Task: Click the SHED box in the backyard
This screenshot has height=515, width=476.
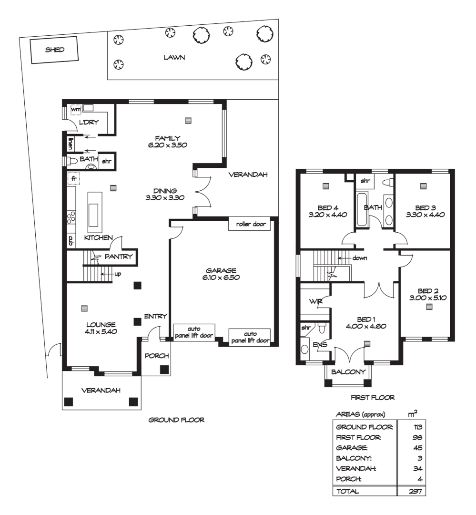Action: pos(54,50)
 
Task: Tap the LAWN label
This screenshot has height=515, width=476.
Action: pos(174,58)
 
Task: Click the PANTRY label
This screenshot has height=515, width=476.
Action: pos(118,257)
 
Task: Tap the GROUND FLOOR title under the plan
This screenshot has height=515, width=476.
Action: pos(177,420)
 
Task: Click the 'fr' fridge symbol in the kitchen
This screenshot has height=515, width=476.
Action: pos(74,178)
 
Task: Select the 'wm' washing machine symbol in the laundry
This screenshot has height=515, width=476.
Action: pos(75,110)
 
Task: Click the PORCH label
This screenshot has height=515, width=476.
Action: pos(157,356)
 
